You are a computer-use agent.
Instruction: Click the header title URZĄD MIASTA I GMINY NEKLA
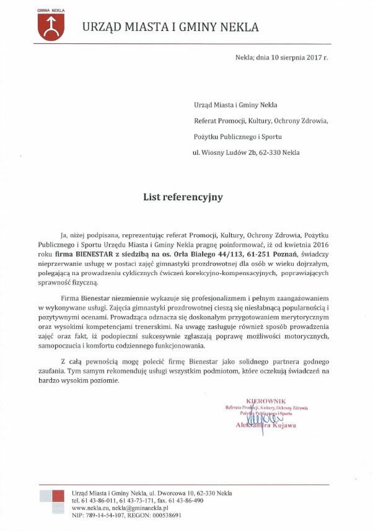point(170,27)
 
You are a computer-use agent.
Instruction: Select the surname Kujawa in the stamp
point(282,426)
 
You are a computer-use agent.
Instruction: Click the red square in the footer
point(58,496)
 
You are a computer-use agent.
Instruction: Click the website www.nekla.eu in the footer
point(90,507)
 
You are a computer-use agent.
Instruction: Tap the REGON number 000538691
point(161,514)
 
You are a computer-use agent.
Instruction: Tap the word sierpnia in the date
point(286,57)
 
